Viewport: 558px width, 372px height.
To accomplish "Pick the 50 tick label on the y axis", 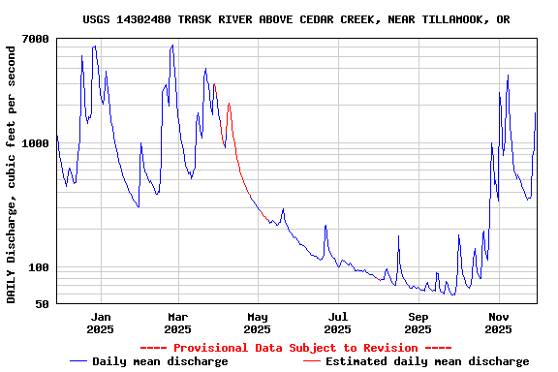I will click(x=42, y=305).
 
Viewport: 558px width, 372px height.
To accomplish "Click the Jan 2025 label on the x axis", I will click(x=100, y=323).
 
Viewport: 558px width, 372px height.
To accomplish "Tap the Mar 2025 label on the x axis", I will click(x=177, y=323).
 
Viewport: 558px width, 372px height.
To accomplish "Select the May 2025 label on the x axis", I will click(x=258, y=323).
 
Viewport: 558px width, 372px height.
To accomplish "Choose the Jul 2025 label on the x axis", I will click(x=338, y=323).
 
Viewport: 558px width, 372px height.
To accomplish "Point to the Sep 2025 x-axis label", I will click(x=418, y=323).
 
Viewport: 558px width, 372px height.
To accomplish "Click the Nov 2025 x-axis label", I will click(x=498, y=323).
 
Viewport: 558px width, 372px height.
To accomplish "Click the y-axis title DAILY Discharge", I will click(x=12, y=172).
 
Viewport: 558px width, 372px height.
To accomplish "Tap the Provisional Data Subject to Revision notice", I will click(x=295, y=348).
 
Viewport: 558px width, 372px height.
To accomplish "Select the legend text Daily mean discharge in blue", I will click(x=160, y=361).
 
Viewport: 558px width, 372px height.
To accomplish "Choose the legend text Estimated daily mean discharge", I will click(x=427, y=361).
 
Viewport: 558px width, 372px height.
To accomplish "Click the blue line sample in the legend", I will click(x=78, y=361).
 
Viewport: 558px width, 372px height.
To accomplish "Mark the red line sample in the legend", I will click(x=311, y=361).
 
